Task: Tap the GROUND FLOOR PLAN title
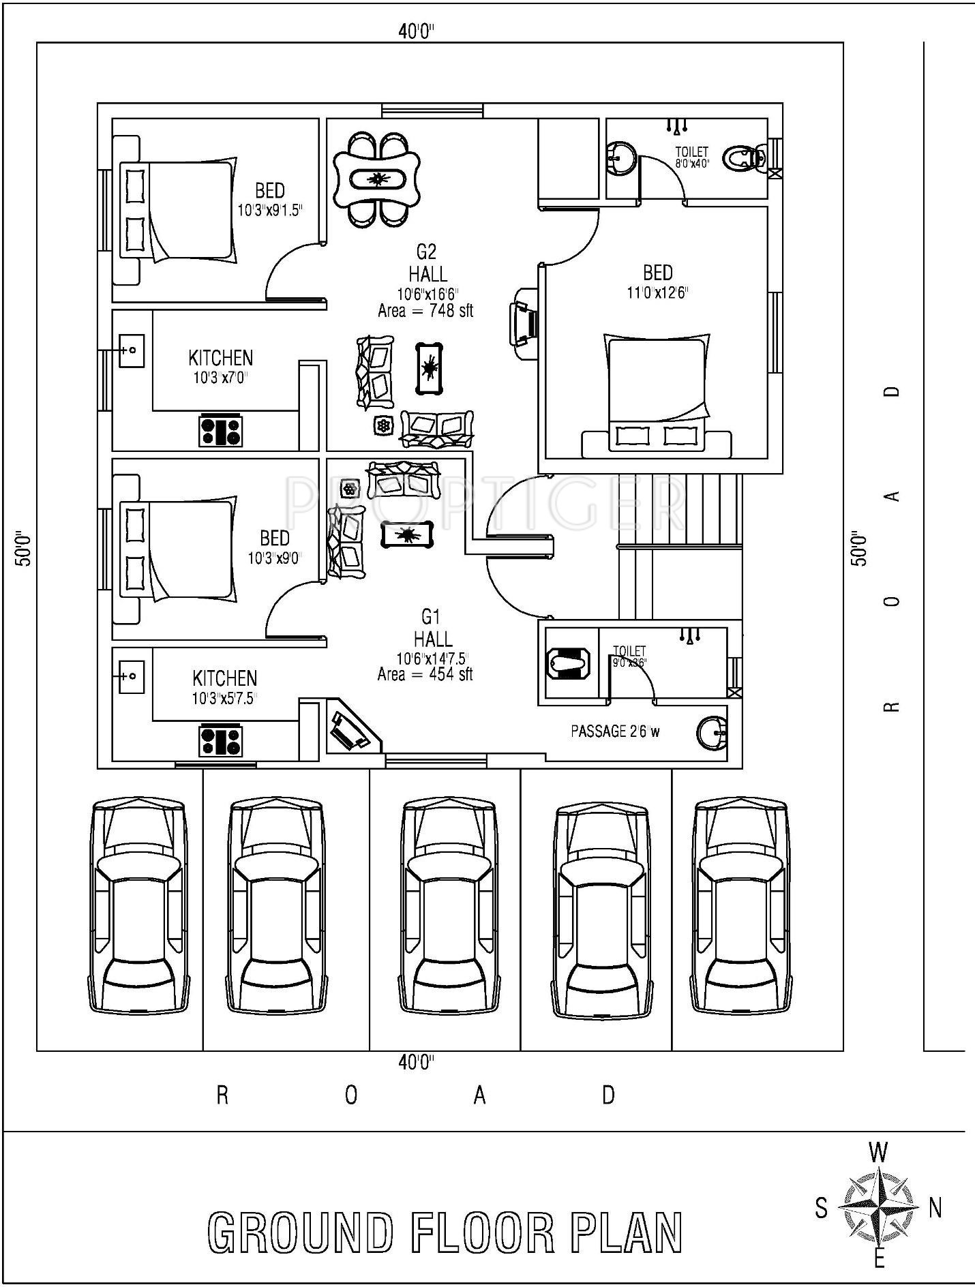click(445, 1232)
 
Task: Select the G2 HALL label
click(427, 263)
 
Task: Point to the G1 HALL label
click(432, 628)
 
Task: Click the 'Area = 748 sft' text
click(425, 311)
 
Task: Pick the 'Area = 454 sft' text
click(425, 675)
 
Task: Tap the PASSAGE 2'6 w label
click(615, 731)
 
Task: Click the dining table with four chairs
click(376, 179)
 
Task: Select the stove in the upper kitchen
click(221, 431)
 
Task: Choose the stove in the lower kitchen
click(221, 741)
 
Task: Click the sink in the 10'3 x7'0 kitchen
click(132, 350)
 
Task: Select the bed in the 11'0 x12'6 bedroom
click(656, 395)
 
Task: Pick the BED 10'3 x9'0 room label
click(274, 547)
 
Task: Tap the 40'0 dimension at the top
click(417, 31)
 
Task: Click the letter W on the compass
click(879, 1152)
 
